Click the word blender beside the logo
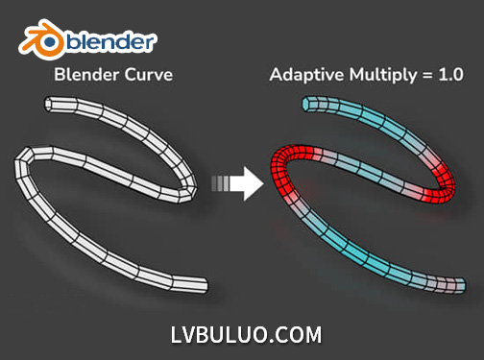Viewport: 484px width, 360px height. coord(109,41)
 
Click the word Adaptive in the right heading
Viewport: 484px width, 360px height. coord(308,75)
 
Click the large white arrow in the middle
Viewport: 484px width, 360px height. coord(250,181)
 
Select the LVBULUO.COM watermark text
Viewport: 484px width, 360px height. coord(242,335)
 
